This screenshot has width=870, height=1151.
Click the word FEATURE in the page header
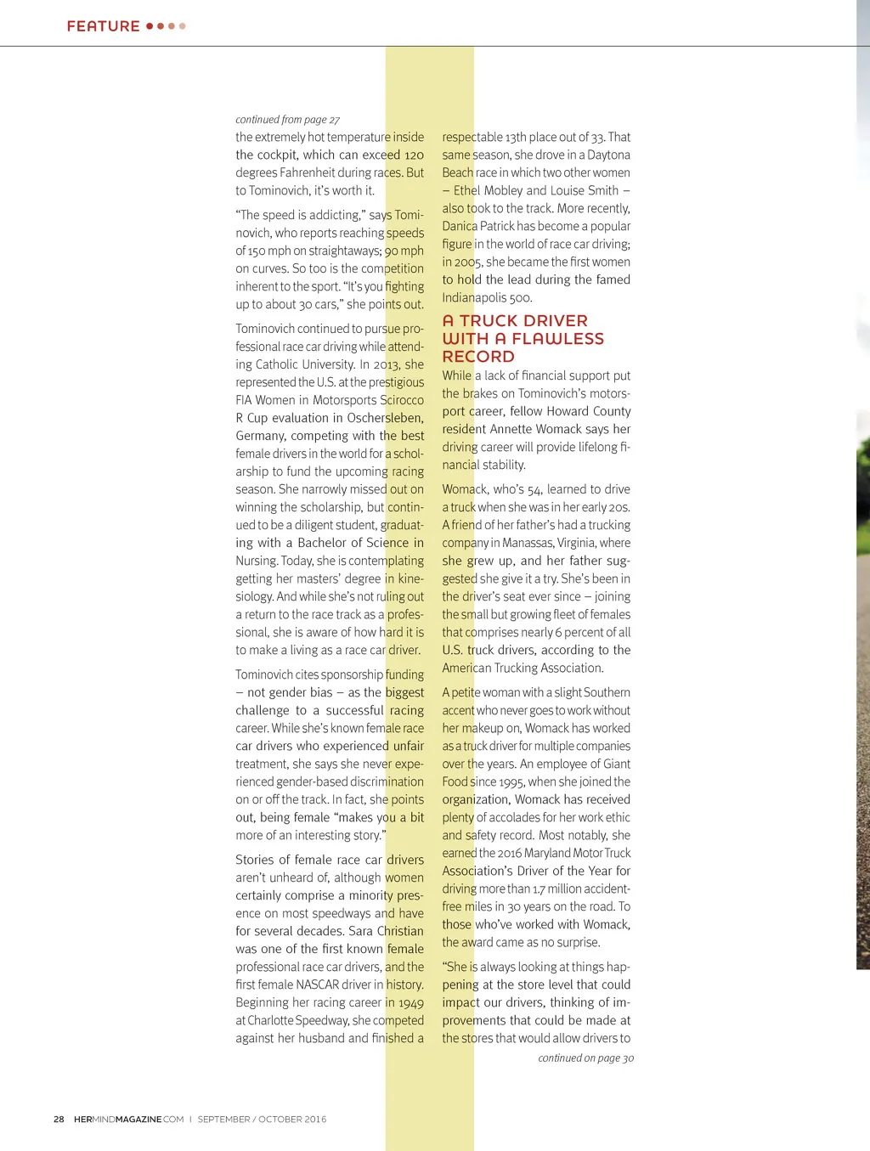(103, 26)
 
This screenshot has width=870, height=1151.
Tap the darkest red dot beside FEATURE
(150, 26)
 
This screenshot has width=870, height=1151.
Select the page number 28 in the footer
(59, 1119)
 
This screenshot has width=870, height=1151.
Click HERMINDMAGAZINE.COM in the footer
(128, 1119)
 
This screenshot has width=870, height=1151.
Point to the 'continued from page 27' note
(287, 120)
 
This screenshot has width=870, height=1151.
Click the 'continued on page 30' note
(585, 1058)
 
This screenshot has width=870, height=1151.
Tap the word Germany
(260, 436)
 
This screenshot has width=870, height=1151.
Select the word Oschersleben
(385, 418)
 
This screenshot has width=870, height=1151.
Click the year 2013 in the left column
(387, 364)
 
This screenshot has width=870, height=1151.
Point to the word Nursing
(257, 561)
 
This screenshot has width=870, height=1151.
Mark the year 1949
(411, 1002)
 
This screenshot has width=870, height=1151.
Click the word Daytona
(610, 155)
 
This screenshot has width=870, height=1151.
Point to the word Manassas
(528, 543)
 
